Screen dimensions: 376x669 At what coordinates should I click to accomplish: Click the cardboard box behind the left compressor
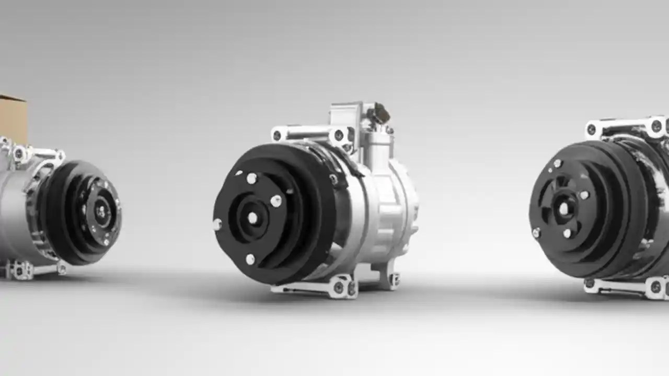13,118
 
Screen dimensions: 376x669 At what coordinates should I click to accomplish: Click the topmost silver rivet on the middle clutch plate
251,179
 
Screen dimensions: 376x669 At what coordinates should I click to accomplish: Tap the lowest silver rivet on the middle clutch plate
250,259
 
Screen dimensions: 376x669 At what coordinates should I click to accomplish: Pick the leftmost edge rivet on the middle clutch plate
217,224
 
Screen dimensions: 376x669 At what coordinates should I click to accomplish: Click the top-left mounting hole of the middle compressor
277,135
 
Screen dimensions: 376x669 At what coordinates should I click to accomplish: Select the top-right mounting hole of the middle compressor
339,135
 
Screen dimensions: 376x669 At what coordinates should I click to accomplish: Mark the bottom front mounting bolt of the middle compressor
339,287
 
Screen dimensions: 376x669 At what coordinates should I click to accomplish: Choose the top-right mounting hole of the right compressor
656,126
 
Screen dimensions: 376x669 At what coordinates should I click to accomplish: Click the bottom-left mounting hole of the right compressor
590,284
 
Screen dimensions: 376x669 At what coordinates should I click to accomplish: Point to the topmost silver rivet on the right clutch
557,164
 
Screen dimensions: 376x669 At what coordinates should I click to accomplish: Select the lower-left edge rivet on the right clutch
536,233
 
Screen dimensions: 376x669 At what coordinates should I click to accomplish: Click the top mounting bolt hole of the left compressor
20,153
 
